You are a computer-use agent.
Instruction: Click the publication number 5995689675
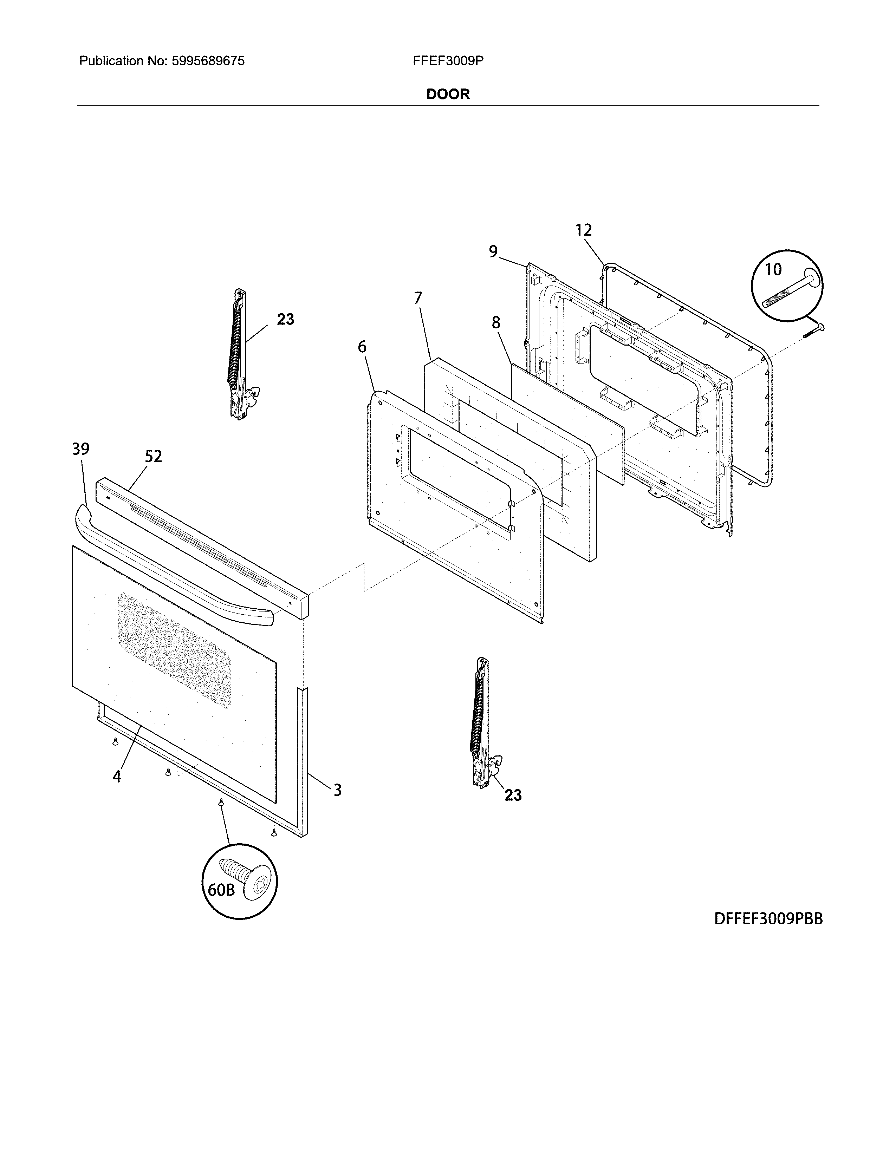[208, 61]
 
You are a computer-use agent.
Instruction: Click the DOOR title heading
[448, 94]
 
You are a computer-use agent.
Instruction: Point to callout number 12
[583, 230]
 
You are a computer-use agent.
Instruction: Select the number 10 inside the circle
[773, 270]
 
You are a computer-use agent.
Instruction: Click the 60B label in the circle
[221, 890]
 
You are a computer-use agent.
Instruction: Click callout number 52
[154, 456]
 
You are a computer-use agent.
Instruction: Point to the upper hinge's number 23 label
[285, 320]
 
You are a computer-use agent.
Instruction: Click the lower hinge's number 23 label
[513, 795]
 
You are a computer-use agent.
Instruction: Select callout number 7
[418, 298]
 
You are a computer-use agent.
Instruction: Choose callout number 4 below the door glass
[117, 777]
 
